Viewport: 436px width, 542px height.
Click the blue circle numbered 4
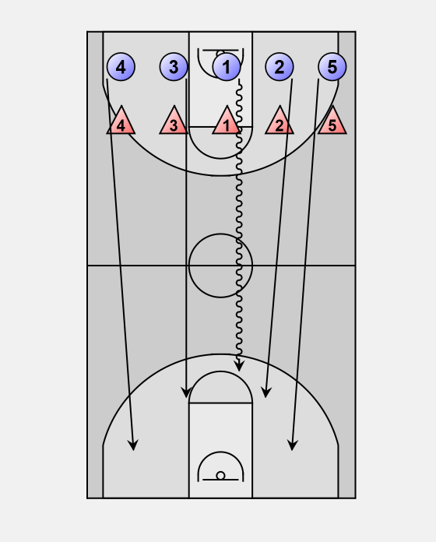121,67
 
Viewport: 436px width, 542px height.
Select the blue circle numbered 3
174,67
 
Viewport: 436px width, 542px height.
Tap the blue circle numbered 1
227,67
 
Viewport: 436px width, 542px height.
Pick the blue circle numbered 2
280,67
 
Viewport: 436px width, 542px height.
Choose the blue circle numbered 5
332,67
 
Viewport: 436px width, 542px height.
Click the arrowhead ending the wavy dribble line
239,366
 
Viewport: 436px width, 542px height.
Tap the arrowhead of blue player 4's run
133,445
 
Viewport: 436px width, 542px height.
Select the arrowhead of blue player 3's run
186,392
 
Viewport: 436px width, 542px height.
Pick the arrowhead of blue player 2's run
265,392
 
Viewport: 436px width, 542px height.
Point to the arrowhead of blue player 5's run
292,445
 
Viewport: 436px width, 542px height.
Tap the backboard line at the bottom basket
220,480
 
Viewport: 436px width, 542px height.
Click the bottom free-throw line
220,403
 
